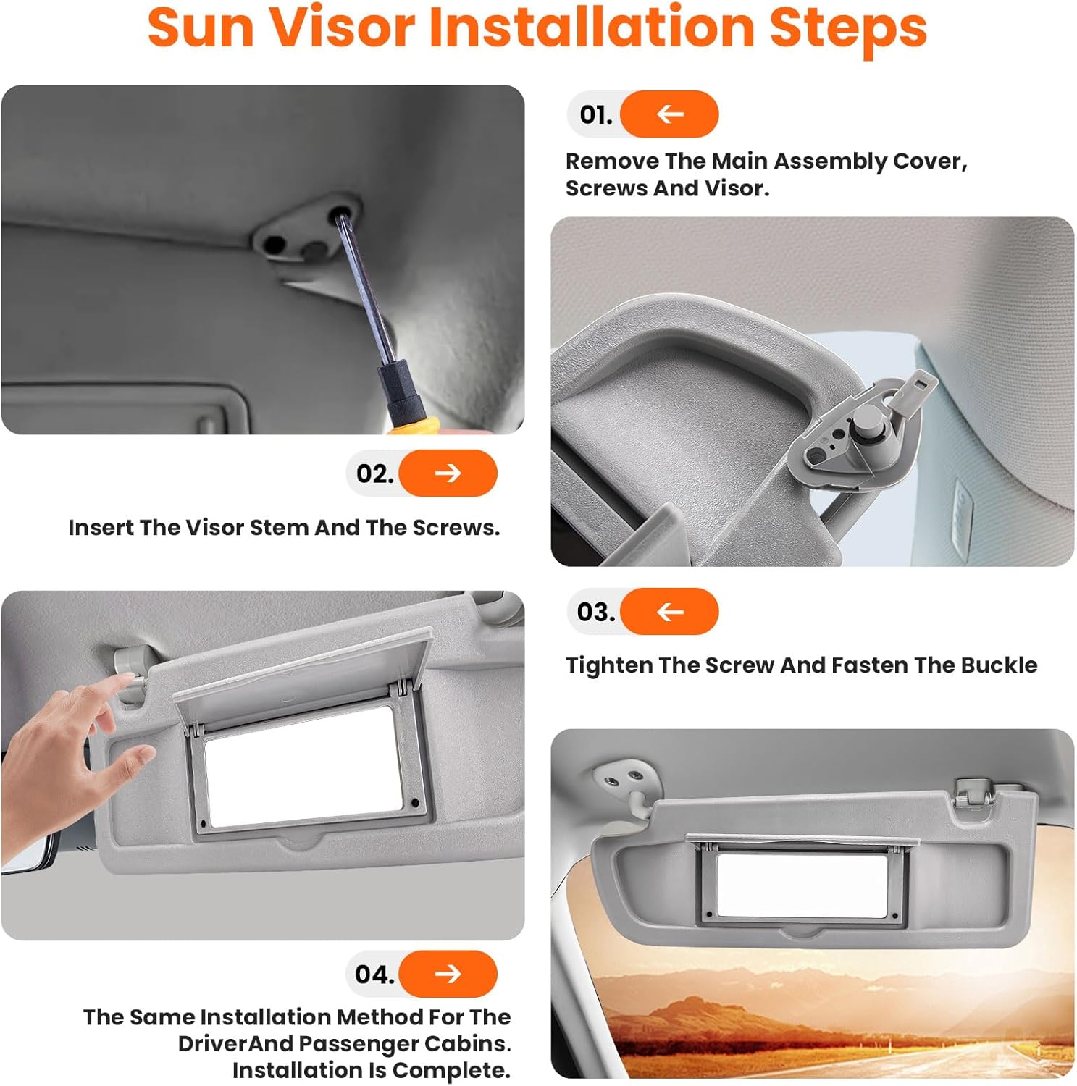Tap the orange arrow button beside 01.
tap(669, 114)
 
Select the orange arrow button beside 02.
tap(448, 473)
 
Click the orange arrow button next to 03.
tap(669, 612)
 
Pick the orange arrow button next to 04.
tap(448, 974)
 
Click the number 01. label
tap(595, 114)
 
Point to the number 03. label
tap(595, 612)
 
